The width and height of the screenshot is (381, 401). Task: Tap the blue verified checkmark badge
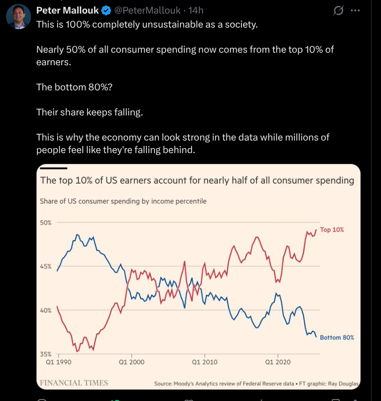(x=106, y=11)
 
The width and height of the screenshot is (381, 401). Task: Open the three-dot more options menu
(x=355, y=11)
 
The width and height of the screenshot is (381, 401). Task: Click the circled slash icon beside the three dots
(x=338, y=11)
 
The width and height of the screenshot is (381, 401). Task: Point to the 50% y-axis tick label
(x=46, y=222)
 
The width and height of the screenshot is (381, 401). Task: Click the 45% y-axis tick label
(x=46, y=266)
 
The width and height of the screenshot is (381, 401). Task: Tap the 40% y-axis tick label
(x=46, y=310)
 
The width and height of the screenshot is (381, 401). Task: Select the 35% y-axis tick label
(x=46, y=354)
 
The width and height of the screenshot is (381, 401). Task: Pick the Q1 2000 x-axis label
(x=132, y=362)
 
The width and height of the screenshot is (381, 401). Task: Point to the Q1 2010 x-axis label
(x=205, y=362)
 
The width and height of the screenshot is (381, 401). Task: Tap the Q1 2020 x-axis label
(x=278, y=362)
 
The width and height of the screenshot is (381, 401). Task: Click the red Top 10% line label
(x=332, y=229)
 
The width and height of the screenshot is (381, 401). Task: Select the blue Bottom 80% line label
(x=337, y=337)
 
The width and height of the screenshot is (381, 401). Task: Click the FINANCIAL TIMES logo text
(x=74, y=383)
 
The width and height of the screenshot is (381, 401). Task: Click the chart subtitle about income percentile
(x=123, y=201)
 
